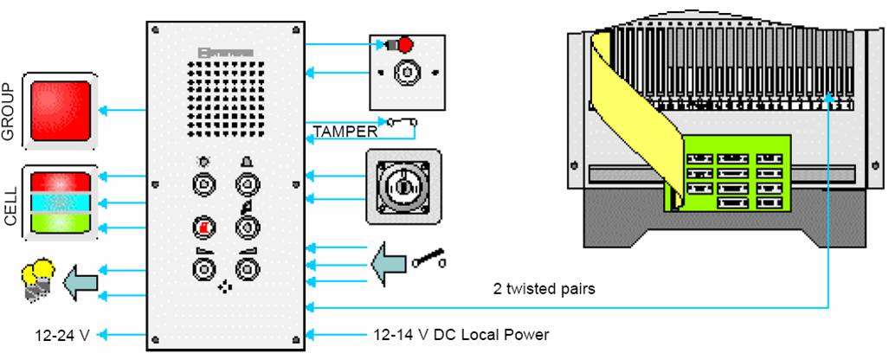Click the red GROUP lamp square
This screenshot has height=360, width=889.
61,110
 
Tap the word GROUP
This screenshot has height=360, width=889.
9,112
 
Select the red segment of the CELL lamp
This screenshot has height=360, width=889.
61,182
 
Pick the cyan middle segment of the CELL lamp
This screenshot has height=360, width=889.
61,204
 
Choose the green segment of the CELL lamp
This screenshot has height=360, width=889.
61,224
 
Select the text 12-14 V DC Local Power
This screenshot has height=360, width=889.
461,334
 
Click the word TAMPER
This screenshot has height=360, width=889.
345,132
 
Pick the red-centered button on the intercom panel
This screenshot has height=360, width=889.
203,228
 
